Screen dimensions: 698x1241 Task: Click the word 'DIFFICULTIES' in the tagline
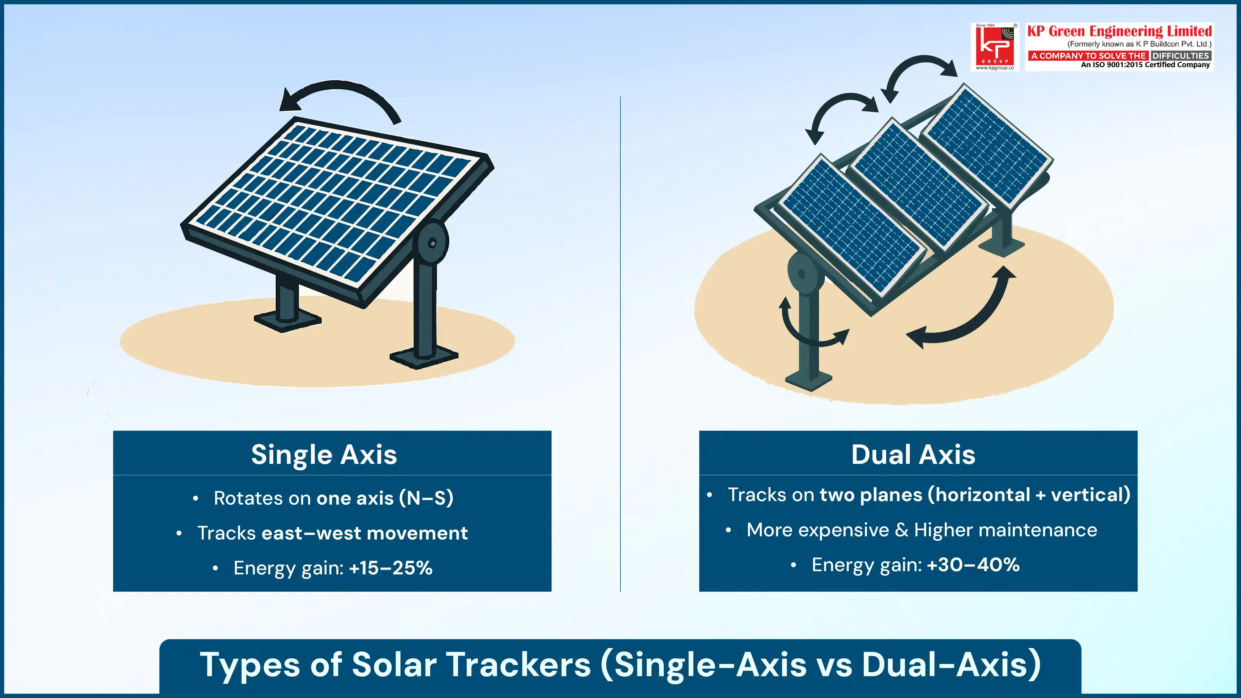[x=1180, y=56]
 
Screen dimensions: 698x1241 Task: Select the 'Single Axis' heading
[x=324, y=454]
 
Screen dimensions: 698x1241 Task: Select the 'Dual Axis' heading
[x=913, y=454]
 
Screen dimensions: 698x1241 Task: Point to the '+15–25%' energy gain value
[x=391, y=568]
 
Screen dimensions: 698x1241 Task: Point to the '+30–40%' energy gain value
[x=973, y=565]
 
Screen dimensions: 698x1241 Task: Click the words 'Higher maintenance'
[x=1005, y=530]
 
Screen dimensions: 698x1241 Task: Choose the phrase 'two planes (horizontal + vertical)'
[x=975, y=495]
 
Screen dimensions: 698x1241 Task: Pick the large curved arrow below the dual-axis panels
[x=968, y=318]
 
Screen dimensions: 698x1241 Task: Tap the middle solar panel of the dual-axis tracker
[x=918, y=186]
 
